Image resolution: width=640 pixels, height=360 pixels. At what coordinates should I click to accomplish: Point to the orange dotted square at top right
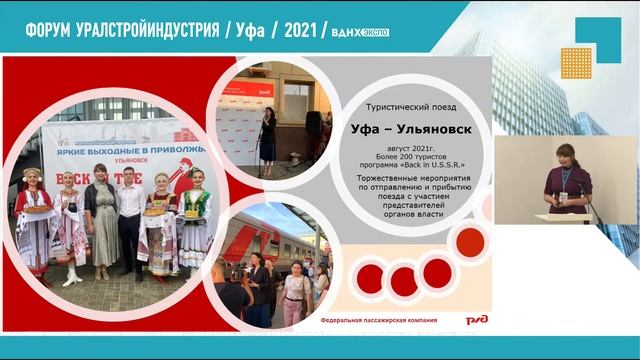pyautogui.click(x=577, y=62)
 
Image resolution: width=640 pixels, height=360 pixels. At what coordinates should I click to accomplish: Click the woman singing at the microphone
pyautogui.click(x=267, y=135)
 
